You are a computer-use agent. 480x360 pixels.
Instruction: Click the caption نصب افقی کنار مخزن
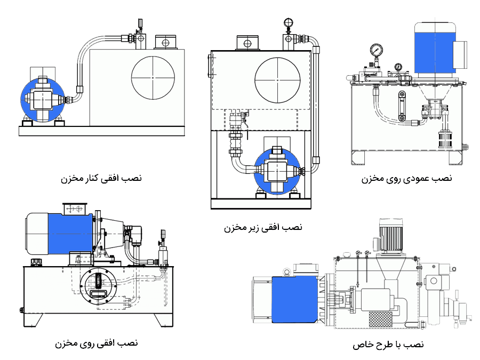[x=101, y=178]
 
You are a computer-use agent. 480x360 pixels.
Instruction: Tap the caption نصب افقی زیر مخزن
[x=263, y=227]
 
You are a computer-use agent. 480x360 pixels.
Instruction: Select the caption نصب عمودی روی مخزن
[x=406, y=179]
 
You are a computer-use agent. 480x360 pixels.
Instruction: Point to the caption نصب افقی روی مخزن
[x=97, y=343]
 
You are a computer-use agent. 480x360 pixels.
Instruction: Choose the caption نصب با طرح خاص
[x=388, y=345]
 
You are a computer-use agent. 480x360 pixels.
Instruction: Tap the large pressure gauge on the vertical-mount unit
[x=376, y=49]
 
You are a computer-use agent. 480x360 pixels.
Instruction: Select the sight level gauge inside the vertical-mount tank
[x=402, y=106]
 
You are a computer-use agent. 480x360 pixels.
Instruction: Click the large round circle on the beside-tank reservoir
[x=153, y=78]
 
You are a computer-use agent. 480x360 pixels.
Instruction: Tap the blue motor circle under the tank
[x=277, y=170]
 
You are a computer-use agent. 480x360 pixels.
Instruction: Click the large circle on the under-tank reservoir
[x=277, y=80]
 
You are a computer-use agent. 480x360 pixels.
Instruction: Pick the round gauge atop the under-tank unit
[x=288, y=22]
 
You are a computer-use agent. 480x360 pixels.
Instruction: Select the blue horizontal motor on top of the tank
[x=70, y=234]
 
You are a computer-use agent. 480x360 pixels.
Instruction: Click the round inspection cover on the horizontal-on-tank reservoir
[x=99, y=284]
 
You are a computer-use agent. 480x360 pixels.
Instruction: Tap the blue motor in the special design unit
[x=294, y=300]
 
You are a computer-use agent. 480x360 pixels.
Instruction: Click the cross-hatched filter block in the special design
[x=380, y=319]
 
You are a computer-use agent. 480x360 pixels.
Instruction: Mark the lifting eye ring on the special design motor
[x=287, y=271]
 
